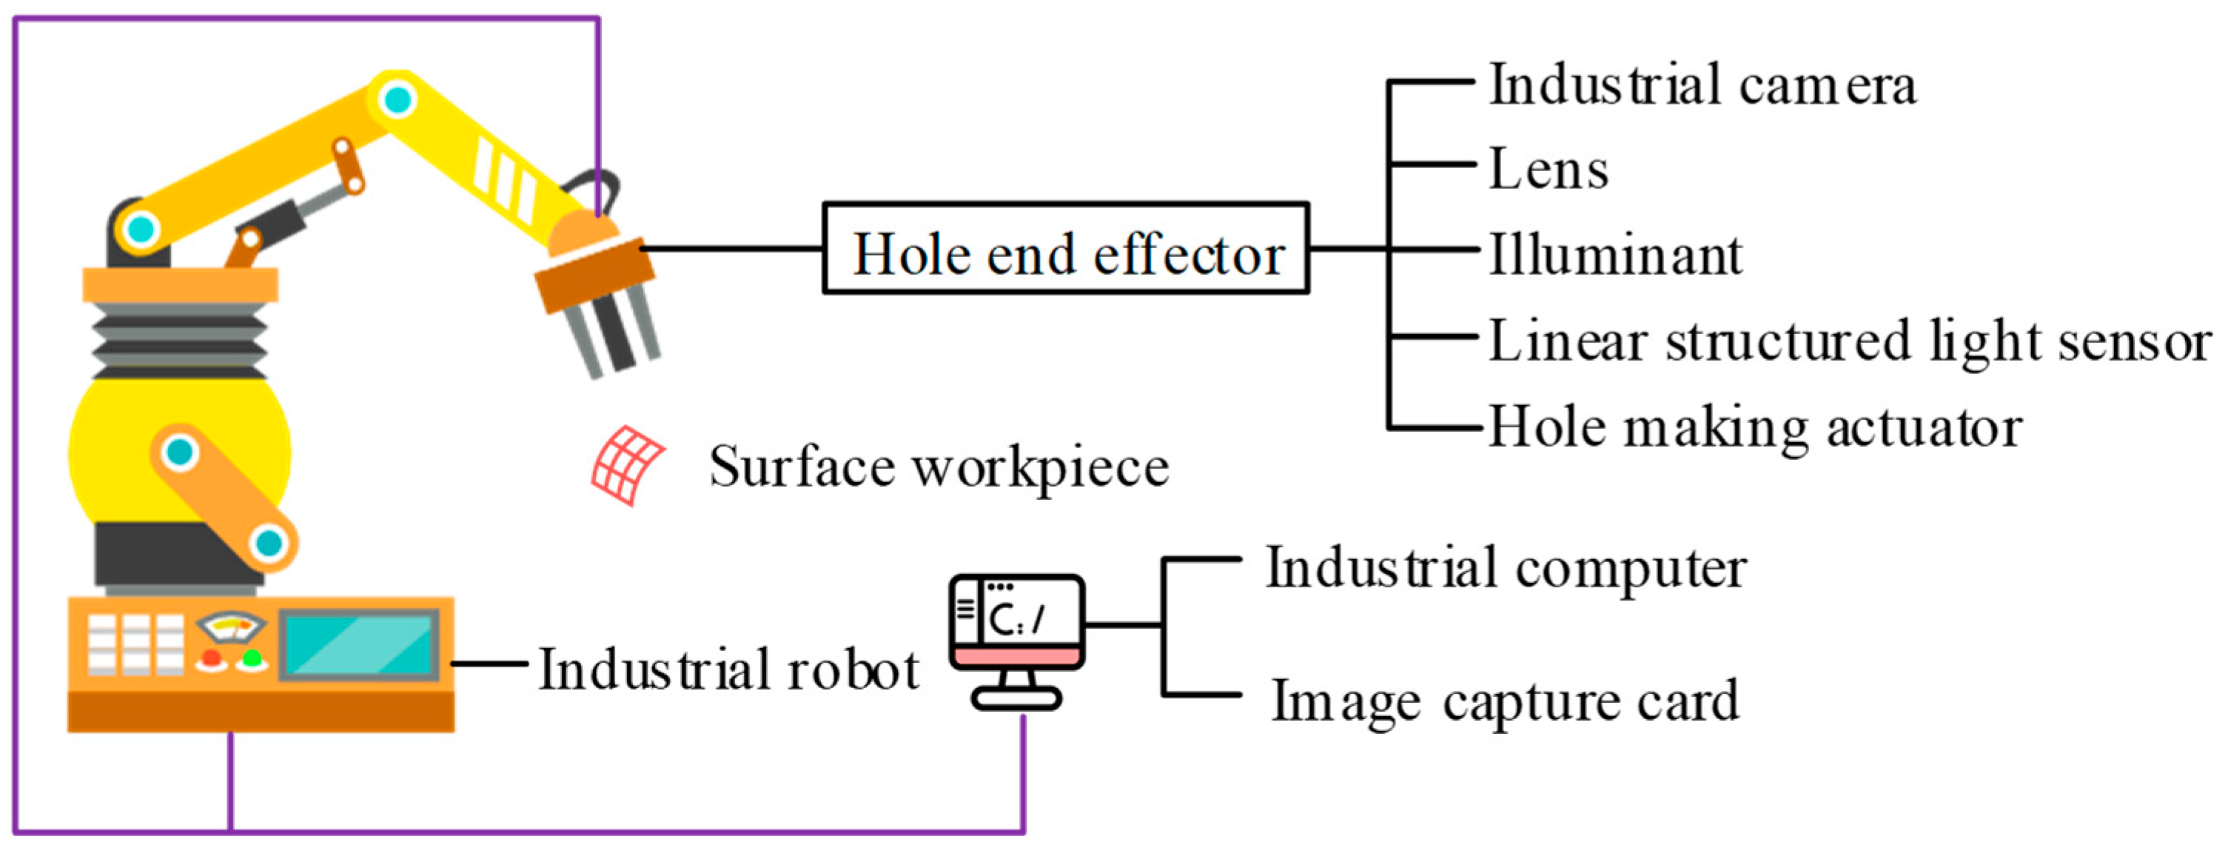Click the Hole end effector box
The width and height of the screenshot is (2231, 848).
(1065, 249)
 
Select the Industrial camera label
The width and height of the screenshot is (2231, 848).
(1702, 85)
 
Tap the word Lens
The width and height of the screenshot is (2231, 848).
(1549, 169)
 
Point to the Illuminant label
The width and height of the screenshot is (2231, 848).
(1615, 255)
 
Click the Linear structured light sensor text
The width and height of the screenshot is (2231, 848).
(1849, 341)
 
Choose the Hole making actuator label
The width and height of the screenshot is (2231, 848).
(1754, 427)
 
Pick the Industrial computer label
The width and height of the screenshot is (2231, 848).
(1506, 569)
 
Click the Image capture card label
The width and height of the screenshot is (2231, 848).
(1504, 700)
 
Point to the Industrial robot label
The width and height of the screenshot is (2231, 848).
(728, 670)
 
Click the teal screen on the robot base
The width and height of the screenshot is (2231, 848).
(358, 644)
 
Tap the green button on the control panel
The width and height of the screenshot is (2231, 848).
(252, 658)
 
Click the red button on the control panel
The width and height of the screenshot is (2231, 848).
(210, 658)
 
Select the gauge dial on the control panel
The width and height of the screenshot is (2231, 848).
(231, 625)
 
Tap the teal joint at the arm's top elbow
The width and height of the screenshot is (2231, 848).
(397, 99)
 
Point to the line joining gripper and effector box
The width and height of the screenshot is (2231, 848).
(732, 249)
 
